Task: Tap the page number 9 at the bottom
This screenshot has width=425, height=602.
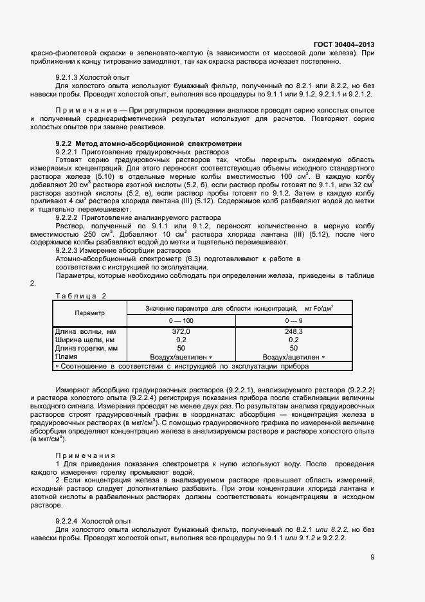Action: [x=372, y=558]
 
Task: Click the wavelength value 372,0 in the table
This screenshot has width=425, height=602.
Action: [x=181, y=331]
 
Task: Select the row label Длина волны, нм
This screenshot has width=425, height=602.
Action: [x=86, y=331]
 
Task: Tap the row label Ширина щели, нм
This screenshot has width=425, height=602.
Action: [x=85, y=340]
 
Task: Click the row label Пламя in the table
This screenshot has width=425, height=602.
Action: [x=66, y=356]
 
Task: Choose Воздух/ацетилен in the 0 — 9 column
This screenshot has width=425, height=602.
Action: [x=293, y=357]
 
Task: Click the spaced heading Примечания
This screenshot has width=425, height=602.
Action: [x=85, y=455]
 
